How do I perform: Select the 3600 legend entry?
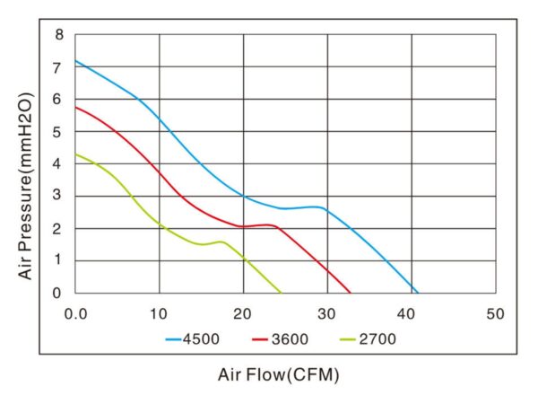pyautogui.click(x=279, y=339)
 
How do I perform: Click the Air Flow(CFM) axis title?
pyautogui.click(x=279, y=374)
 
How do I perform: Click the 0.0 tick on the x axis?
pyautogui.click(x=76, y=313)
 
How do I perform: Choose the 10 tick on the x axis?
pyautogui.click(x=160, y=313)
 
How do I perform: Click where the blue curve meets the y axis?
pyautogui.click(x=75, y=61)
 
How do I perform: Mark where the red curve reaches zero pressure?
pyautogui.click(x=351, y=293)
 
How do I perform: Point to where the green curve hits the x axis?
pyautogui.click(x=282, y=293)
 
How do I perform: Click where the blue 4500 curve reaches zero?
pyautogui.click(x=418, y=293)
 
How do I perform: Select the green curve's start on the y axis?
pyautogui.click(x=75, y=154)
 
